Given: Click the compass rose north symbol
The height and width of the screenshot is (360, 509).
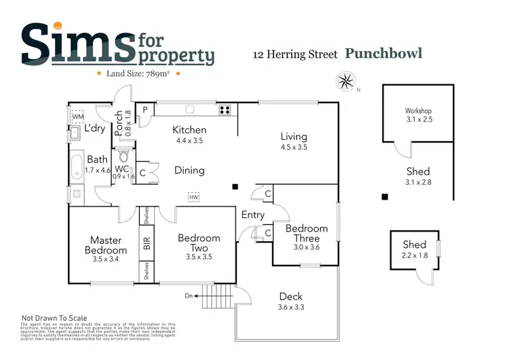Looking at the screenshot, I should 345,82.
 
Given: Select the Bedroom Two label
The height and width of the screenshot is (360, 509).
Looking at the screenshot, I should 199,242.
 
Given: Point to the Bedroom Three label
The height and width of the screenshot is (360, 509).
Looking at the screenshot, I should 306,233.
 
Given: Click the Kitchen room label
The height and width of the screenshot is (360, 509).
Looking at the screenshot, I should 189,130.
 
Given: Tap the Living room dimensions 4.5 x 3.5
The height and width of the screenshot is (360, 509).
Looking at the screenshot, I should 294,147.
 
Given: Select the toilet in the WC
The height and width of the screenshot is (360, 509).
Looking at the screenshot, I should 123,155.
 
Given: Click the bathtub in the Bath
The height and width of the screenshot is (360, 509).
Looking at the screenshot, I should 77,166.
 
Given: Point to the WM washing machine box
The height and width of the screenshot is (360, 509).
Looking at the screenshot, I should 78,116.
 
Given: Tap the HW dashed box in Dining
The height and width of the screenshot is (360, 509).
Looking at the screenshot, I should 195,196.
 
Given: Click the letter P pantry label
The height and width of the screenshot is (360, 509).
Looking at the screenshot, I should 144,111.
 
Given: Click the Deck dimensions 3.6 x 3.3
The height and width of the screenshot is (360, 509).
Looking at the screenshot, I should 290,307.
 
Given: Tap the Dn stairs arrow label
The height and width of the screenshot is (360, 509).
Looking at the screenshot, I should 189,295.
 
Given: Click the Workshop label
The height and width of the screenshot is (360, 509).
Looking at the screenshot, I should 418,111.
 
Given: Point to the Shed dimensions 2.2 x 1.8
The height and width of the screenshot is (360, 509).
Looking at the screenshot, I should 414,255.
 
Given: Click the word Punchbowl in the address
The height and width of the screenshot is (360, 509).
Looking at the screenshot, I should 383,53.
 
